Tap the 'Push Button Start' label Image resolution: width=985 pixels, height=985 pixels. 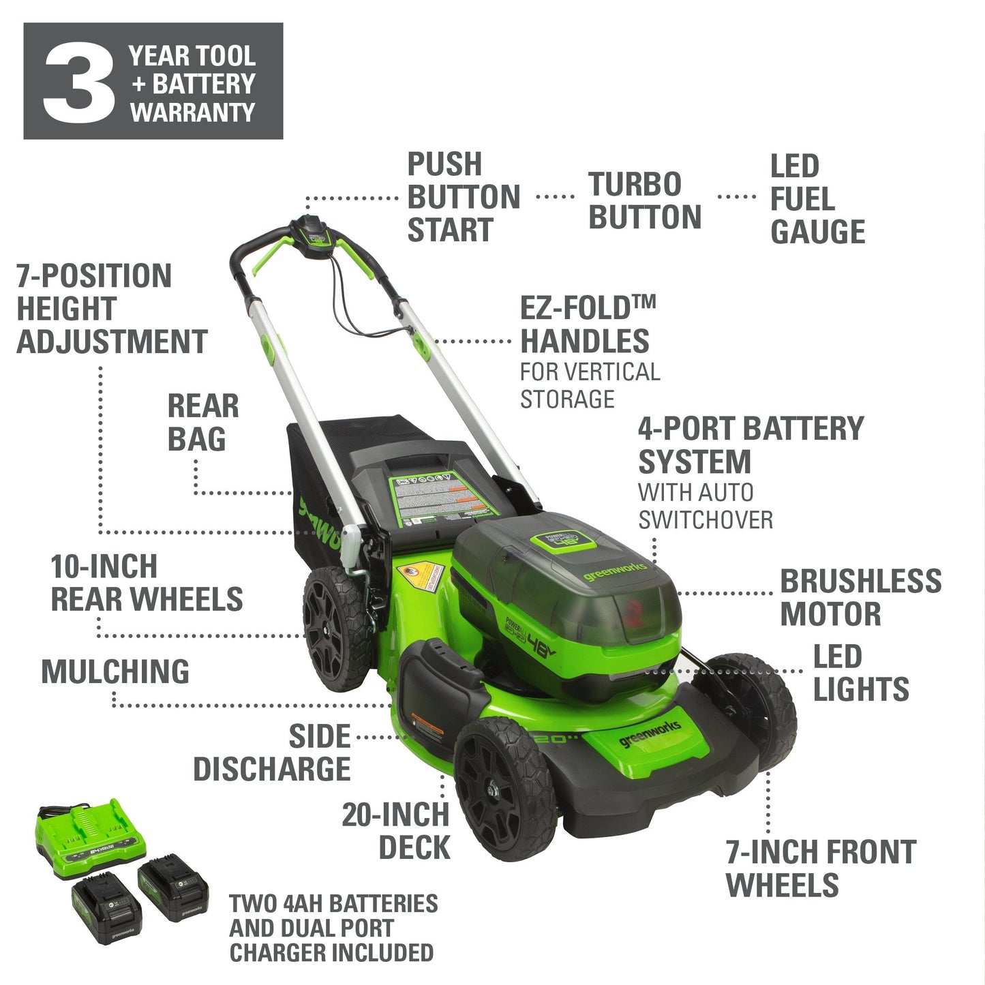pos(463,198)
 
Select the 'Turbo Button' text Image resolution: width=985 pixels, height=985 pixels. pos(644,201)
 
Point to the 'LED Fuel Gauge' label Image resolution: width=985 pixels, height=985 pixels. pos(817,199)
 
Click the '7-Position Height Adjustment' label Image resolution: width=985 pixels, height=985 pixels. pos(111,309)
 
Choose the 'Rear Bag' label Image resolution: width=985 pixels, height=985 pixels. pos(202,423)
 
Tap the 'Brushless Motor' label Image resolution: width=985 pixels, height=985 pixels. pos(860,598)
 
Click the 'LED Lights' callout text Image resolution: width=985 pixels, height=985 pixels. pos(860,673)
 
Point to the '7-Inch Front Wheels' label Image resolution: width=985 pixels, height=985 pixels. pos(820,868)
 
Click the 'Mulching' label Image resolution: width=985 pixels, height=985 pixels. pos(115,671)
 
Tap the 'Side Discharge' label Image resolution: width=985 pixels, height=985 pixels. pos(273,753)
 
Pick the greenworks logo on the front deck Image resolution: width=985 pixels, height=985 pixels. pos(649,734)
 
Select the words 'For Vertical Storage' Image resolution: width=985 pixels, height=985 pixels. pos(590,385)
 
